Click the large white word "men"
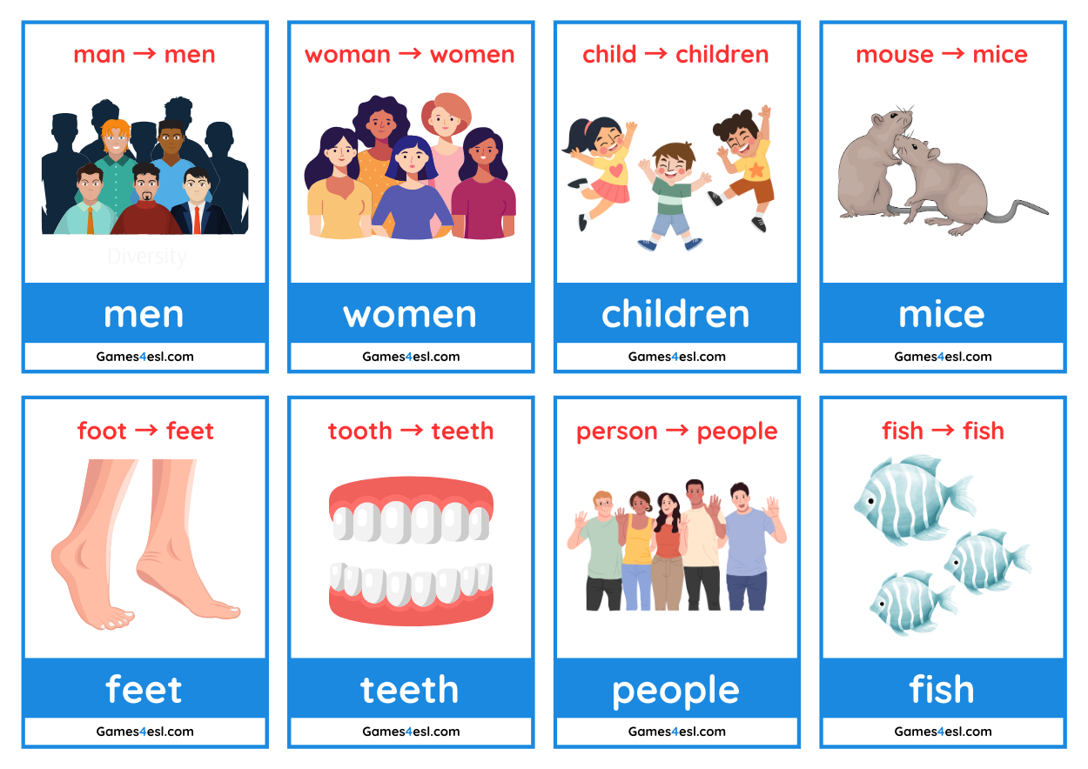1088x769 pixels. coord(144,314)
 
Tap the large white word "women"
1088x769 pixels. coord(410,314)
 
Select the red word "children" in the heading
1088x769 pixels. coord(722,54)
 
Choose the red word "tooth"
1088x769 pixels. coord(359,431)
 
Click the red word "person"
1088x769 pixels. coord(616,431)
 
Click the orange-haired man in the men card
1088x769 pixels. coord(115,148)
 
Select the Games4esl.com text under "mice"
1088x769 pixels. coord(943,357)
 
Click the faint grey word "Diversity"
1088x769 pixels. coord(146,257)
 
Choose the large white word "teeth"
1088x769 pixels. coord(410,690)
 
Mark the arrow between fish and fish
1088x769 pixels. coord(943,431)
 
